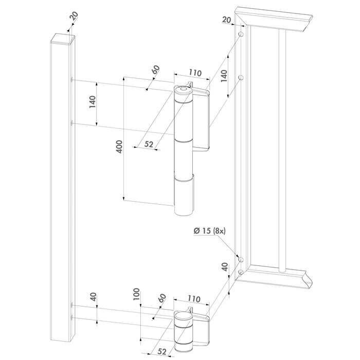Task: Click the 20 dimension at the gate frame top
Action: (226, 20)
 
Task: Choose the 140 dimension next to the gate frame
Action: (224, 76)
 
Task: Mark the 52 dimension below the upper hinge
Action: (149, 145)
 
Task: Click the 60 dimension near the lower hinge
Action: (163, 298)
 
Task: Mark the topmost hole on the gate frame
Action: (240, 34)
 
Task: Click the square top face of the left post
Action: (62, 35)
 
